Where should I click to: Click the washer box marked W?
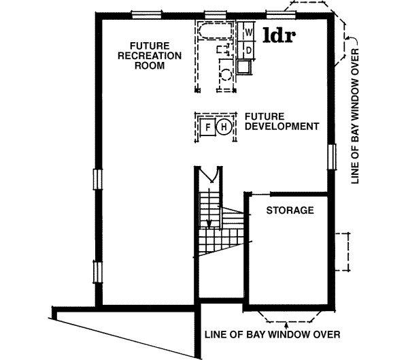pos(249,31)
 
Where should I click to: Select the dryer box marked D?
pos(249,50)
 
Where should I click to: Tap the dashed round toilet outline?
pos(225,74)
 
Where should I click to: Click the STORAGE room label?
pos(290,210)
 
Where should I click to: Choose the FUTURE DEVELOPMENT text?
pos(281,121)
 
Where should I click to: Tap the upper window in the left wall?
pos(97,180)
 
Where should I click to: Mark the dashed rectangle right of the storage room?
pos(344,251)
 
